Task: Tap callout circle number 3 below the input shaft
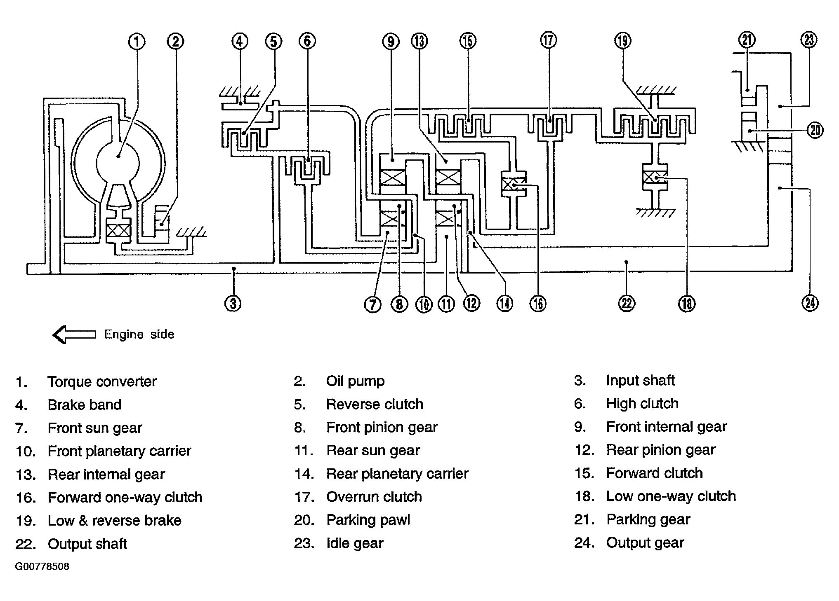pyautogui.click(x=233, y=304)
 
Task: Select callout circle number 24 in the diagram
pyautogui.click(x=810, y=303)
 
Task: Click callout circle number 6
pyautogui.click(x=307, y=41)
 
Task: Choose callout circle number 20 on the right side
pyautogui.click(x=815, y=131)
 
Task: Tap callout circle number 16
pyautogui.click(x=538, y=304)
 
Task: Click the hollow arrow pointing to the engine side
pyautogui.click(x=74, y=334)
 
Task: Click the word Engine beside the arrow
pyautogui.click(x=123, y=334)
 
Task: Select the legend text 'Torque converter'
pyautogui.click(x=102, y=382)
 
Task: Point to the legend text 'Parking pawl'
pyautogui.click(x=368, y=520)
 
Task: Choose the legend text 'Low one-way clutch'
pyautogui.click(x=671, y=496)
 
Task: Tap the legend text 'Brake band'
pyautogui.click(x=85, y=405)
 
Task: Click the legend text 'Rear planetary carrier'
pyautogui.click(x=398, y=474)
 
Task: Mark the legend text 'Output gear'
pyautogui.click(x=645, y=543)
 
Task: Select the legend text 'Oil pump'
pyautogui.click(x=356, y=381)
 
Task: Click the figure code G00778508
pyautogui.click(x=42, y=566)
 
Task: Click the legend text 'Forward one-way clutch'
pyautogui.click(x=125, y=498)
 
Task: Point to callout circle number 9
pyautogui.click(x=390, y=41)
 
